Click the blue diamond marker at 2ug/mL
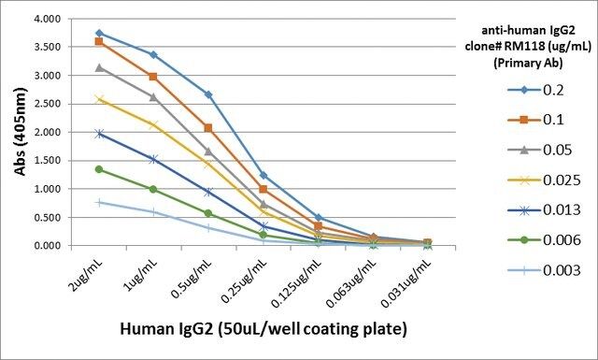[99, 34]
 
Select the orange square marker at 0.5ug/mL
[208, 128]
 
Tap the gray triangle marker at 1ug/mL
[153, 97]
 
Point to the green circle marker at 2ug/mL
[99, 169]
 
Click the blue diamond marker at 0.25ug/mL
[263, 175]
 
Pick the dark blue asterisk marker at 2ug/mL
[99, 134]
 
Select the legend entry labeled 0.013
[544, 210]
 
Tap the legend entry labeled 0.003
[544, 270]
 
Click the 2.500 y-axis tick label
[48, 104]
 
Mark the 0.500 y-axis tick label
[48, 217]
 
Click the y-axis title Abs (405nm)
[21, 132]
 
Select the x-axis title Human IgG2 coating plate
[263, 329]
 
